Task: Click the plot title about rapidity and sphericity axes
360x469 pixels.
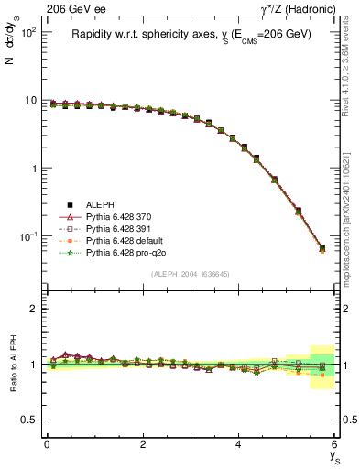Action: [191, 34]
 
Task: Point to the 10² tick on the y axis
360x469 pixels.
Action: [27, 32]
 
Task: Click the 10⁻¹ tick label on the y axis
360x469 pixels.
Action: [27, 236]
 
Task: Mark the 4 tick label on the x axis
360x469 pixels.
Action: [239, 444]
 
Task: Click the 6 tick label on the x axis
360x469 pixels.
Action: [335, 444]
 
